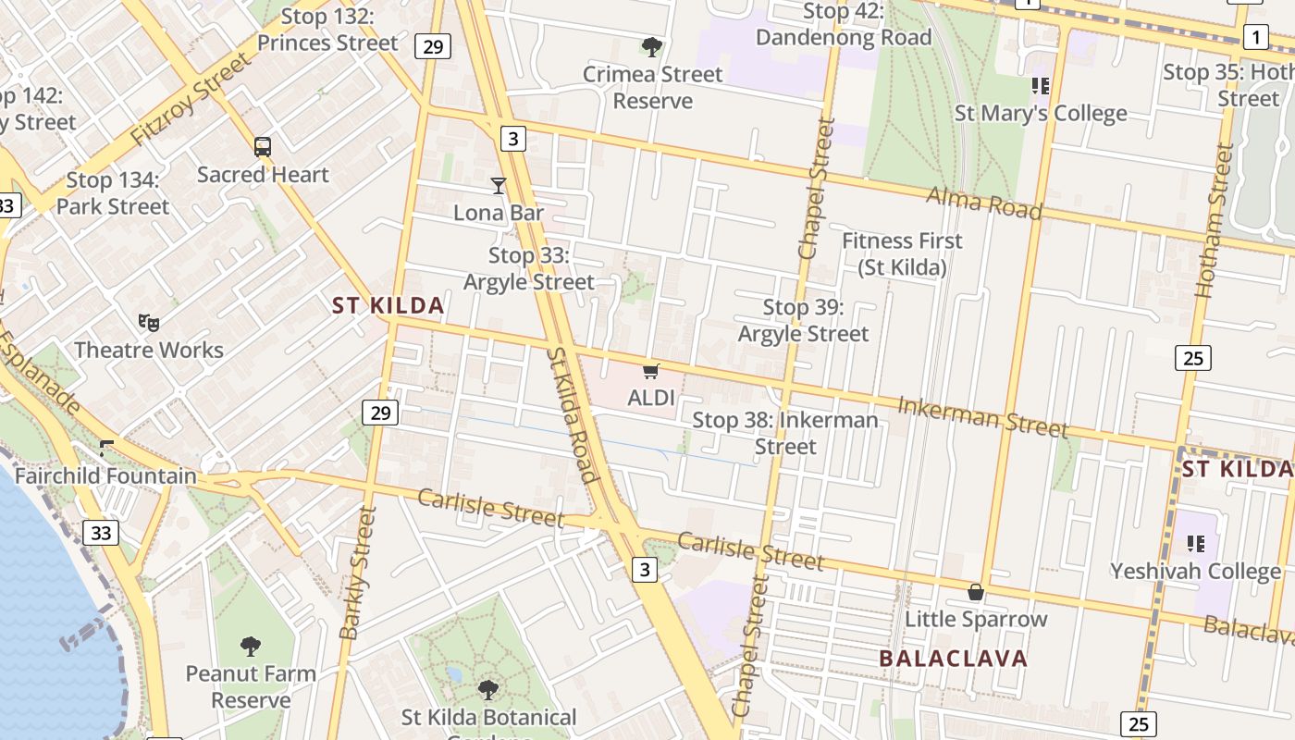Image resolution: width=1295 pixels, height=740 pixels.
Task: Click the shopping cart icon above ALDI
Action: click(x=650, y=372)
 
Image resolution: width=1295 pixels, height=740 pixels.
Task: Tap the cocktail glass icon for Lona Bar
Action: click(x=499, y=186)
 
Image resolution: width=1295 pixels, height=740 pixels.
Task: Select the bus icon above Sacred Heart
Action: click(x=263, y=147)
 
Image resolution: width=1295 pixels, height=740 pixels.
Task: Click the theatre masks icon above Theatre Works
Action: click(x=148, y=323)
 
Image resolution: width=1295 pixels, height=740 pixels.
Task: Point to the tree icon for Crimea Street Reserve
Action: click(x=652, y=47)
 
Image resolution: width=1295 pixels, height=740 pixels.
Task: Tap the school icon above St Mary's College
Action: click(x=1041, y=86)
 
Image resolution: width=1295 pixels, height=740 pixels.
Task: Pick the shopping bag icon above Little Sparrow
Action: click(x=975, y=592)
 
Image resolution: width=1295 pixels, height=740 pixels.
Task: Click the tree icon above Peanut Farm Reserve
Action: click(x=250, y=647)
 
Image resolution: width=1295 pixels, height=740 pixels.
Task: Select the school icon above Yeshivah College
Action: click(x=1195, y=543)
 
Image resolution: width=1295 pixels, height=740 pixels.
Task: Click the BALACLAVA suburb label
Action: click(x=953, y=659)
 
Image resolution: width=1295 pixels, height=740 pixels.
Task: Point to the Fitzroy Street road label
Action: click(x=191, y=99)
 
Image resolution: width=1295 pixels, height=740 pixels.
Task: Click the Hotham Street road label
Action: click(x=1215, y=220)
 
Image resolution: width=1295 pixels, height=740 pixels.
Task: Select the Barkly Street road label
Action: click(x=358, y=573)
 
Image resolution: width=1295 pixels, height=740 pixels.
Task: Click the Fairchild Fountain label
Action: click(x=105, y=476)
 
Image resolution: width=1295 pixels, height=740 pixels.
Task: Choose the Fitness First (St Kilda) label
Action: click(x=902, y=254)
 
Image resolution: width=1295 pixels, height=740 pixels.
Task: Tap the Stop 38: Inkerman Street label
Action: click(x=785, y=433)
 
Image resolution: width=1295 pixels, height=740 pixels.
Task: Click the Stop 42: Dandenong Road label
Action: click(x=843, y=25)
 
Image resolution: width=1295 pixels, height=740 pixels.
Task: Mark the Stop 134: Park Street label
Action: click(x=113, y=193)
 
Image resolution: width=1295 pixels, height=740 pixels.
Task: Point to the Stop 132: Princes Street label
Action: click(x=327, y=30)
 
